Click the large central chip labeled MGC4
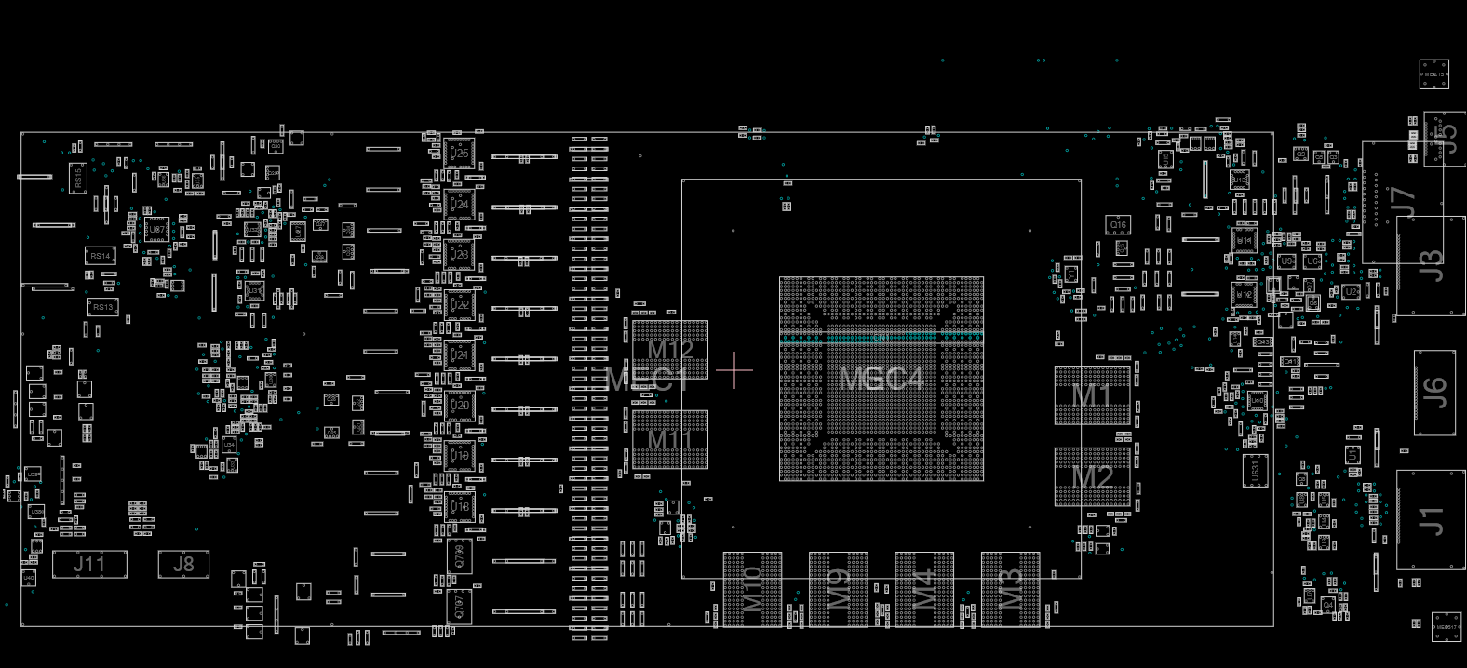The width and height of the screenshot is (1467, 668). (881, 379)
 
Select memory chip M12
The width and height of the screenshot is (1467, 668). (670, 350)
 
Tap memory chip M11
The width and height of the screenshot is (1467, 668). (670, 439)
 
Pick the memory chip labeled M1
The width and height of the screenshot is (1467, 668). (1092, 395)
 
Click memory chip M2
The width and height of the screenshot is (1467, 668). (1092, 476)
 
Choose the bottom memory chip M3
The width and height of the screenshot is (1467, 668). (1010, 588)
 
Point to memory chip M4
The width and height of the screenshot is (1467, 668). (924, 588)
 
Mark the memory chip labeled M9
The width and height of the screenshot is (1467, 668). (839, 588)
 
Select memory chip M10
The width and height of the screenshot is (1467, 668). (753, 588)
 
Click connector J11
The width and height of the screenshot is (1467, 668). (89, 564)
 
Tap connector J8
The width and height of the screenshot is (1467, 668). (183, 564)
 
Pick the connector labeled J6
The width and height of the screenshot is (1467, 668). (1434, 392)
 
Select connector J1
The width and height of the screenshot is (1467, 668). (1431, 520)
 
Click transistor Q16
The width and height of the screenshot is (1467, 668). (1118, 225)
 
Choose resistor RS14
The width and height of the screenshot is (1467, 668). (101, 256)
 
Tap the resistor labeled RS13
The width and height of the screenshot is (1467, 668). (102, 307)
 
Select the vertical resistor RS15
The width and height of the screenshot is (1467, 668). (78, 178)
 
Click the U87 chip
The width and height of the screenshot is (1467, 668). (156, 229)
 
